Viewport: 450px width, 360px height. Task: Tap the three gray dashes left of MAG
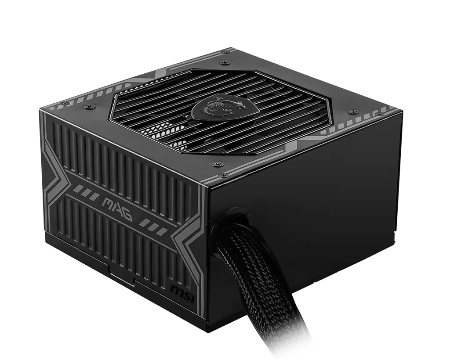pos(84,191)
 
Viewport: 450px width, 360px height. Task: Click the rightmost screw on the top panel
pos(350,112)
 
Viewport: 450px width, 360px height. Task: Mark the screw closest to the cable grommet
pos(215,165)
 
